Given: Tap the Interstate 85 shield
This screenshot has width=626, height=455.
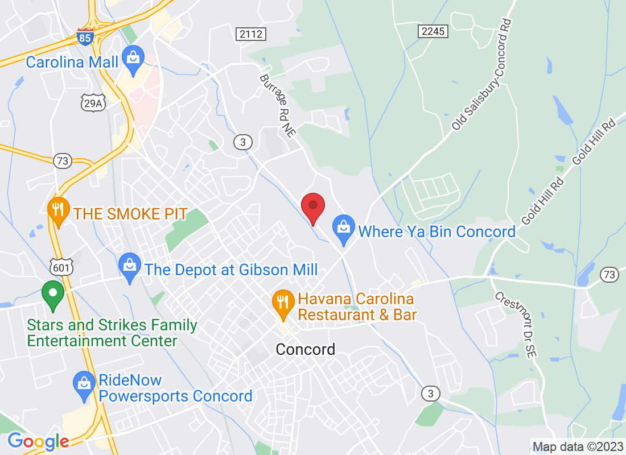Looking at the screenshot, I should pyautogui.click(x=85, y=37).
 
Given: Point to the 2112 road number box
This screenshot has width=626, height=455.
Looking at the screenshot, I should pyautogui.click(x=250, y=34).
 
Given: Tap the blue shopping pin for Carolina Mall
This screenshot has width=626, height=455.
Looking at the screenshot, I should pyautogui.click(x=133, y=60).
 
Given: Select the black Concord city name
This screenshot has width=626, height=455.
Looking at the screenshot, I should pyautogui.click(x=305, y=349).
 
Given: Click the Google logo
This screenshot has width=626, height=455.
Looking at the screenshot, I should pyautogui.click(x=38, y=441).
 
